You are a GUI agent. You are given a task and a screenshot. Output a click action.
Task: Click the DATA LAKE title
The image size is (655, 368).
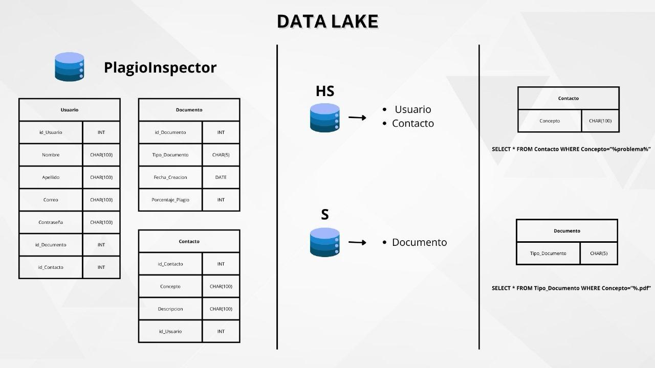coord(327,21)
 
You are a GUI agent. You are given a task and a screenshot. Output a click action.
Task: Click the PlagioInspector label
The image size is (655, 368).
coord(160,67)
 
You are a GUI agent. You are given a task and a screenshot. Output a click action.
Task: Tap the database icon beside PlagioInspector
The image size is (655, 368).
coord(70,66)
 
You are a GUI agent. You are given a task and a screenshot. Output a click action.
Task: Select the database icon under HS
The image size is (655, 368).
coord(325,118)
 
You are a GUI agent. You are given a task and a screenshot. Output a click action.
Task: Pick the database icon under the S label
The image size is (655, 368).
coord(325,242)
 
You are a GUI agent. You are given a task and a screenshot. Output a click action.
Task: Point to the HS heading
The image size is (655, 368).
coord(325,91)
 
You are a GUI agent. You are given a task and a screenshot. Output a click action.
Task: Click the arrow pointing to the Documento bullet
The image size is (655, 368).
coord(357,242)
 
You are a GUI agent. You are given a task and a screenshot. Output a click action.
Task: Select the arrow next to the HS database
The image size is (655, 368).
coord(357,118)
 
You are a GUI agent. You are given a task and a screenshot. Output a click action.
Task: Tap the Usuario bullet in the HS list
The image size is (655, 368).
coord(412,109)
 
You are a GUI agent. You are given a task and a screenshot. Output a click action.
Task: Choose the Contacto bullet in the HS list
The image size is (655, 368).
coord(412,123)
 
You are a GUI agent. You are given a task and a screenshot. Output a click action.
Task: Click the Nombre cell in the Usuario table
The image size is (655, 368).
coord(51,155)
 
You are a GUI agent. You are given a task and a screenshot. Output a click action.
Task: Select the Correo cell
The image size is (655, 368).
coord(51,200)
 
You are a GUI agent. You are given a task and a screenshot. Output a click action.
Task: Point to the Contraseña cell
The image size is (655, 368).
coord(51,222)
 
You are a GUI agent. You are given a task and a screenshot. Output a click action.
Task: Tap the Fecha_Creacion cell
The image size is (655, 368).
coord(170,177)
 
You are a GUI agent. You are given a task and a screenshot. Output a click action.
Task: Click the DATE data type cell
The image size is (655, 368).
coord(221,177)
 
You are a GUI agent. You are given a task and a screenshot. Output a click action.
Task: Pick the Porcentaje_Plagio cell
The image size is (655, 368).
coord(170,200)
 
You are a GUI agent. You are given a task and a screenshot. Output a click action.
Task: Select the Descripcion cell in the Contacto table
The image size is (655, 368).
coord(170,309)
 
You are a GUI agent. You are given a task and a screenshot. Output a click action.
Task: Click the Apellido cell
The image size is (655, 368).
coord(51,177)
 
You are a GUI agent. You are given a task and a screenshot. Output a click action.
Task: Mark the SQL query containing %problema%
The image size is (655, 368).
coord(571,149)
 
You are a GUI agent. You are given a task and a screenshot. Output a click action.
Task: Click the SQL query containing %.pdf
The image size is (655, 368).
coord(571,288)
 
